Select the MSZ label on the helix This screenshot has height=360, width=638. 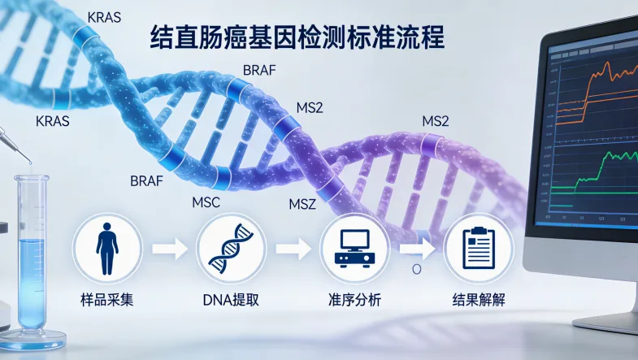tap(308, 203)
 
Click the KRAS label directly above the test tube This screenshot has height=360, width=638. tap(53, 121)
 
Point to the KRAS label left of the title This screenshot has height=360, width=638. tap(103, 16)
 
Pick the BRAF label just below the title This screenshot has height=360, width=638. tap(260, 70)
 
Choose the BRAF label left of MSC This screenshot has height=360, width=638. tap(147, 180)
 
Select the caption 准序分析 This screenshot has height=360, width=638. tap(354, 300)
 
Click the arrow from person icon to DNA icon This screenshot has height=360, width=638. tap(168, 248)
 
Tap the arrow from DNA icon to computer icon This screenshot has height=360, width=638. tap(293, 248)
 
